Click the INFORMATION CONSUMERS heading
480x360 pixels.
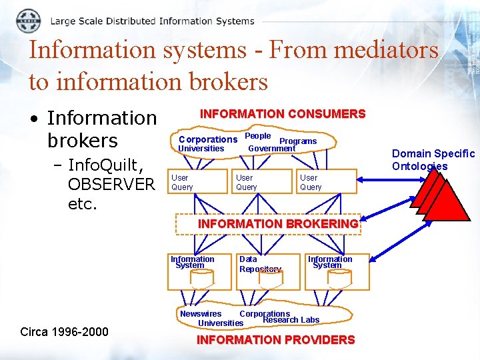click(283, 114)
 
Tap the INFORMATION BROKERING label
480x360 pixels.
click(278, 224)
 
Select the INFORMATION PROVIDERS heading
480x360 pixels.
click(275, 340)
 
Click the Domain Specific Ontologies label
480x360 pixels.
click(433, 160)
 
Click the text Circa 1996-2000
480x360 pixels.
click(64, 331)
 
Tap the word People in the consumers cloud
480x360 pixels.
click(258, 135)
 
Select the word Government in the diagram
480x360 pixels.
click(271, 148)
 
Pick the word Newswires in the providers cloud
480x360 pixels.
click(201, 313)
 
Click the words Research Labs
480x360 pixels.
click(291, 320)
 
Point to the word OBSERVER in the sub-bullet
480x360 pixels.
click(111, 184)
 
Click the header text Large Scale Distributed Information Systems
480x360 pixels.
click(152, 21)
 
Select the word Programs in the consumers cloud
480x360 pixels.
click(298, 141)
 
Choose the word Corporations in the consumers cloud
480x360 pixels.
click(208, 139)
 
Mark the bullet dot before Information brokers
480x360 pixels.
click(33, 119)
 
